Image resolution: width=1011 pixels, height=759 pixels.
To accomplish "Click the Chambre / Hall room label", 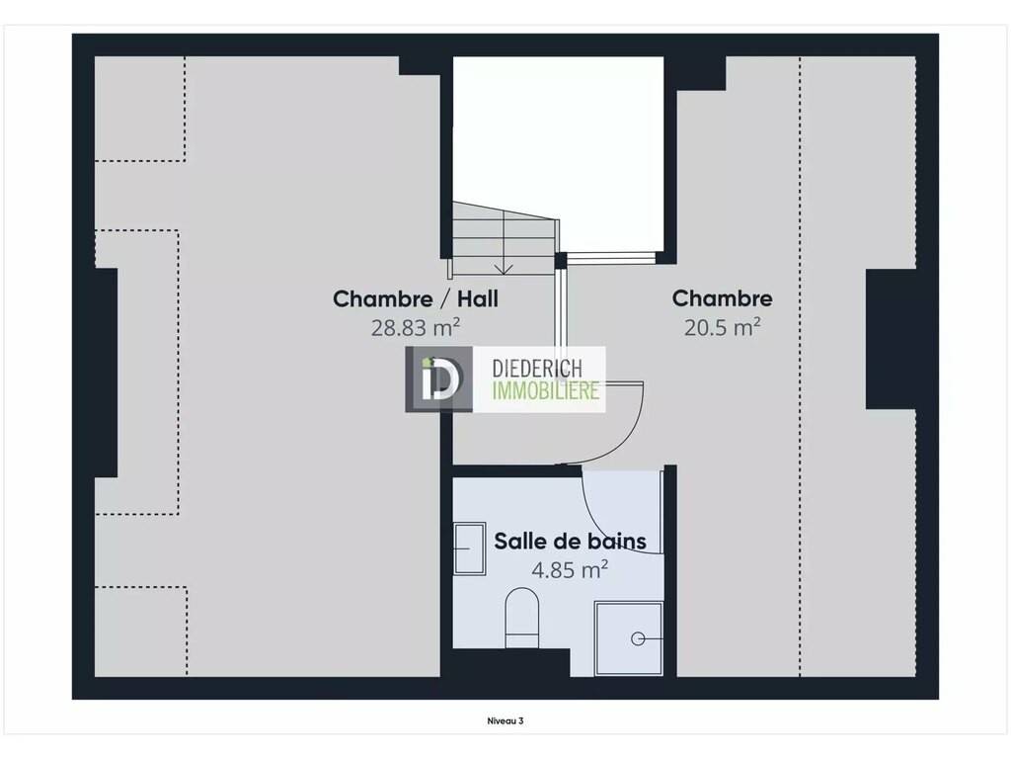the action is pyautogui.click(x=416, y=298).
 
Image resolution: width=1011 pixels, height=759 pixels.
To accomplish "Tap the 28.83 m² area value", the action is pyautogui.click(x=416, y=328).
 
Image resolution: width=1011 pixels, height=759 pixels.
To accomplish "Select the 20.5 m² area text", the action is pyautogui.click(x=722, y=327).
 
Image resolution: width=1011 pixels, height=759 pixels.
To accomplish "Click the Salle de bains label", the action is pyautogui.click(x=570, y=541).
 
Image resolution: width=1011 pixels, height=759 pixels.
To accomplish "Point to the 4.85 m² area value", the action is pyautogui.click(x=570, y=570).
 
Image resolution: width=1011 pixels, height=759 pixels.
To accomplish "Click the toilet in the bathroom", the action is pyautogui.click(x=521, y=618).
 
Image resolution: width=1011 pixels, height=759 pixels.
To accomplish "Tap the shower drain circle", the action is pyautogui.click(x=638, y=639).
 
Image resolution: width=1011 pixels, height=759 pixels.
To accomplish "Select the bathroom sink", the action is pyautogui.click(x=469, y=548).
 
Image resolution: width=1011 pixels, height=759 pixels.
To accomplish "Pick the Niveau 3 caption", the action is pyautogui.click(x=505, y=720).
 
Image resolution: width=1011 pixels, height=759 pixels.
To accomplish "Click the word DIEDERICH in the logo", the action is pyautogui.click(x=537, y=369).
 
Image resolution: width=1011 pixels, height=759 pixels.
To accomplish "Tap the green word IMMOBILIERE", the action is pyautogui.click(x=545, y=390).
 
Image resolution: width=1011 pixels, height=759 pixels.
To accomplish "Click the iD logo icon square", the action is pyautogui.click(x=438, y=379).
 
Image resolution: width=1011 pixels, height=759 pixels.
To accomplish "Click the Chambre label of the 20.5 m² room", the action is pyautogui.click(x=722, y=298).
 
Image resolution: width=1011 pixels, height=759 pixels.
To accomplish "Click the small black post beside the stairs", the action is pyautogui.click(x=561, y=260).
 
